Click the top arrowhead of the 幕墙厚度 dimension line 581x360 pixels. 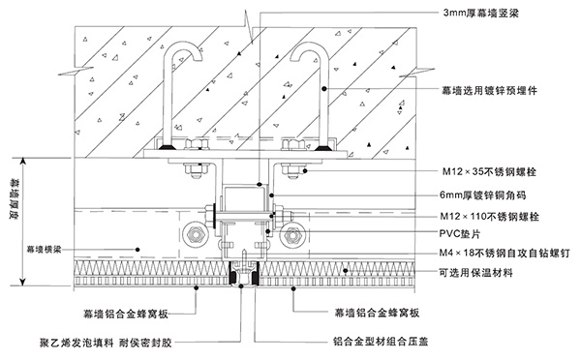(18, 160)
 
